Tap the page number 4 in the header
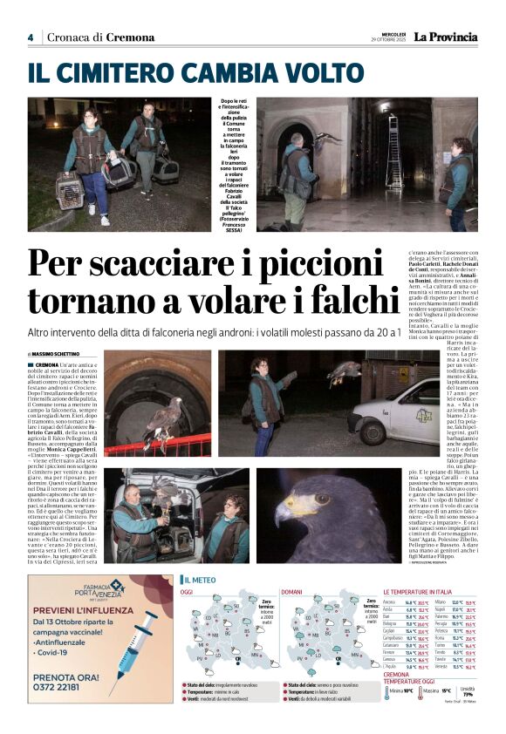(31, 37)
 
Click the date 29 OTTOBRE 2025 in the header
(393, 40)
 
